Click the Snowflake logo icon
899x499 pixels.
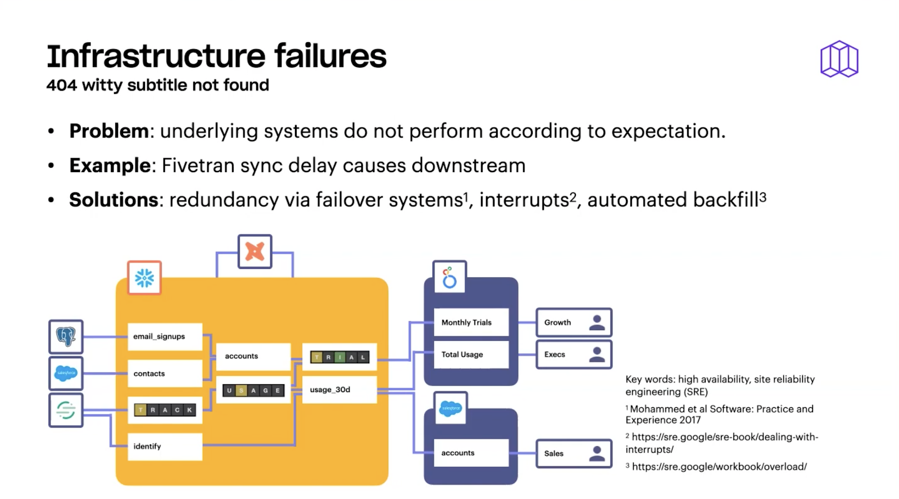tap(144, 277)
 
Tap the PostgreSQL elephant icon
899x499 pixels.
tap(66, 336)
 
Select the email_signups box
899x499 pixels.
tap(165, 336)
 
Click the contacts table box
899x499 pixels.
tap(165, 374)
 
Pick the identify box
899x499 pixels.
tap(165, 446)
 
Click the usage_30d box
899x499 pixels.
tap(339, 389)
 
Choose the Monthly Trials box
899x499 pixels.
tap(471, 322)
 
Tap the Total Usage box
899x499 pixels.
tap(471, 354)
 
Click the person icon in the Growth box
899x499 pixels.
tap(597, 322)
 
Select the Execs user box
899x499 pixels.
tap(574, 354)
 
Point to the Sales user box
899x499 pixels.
tap(574, 453)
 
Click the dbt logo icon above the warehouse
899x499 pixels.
tap(255, 251)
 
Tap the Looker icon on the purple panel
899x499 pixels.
tap(449, 277)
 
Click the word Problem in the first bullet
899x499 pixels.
tap(108, 131)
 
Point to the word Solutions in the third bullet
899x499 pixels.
tap(113, 200)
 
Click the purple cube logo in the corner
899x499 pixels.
tap(839, 59)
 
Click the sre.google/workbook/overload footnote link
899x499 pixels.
tap(719, 466)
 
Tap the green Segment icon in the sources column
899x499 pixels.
tap(66, 410)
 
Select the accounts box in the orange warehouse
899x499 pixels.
tap(253, 356)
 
